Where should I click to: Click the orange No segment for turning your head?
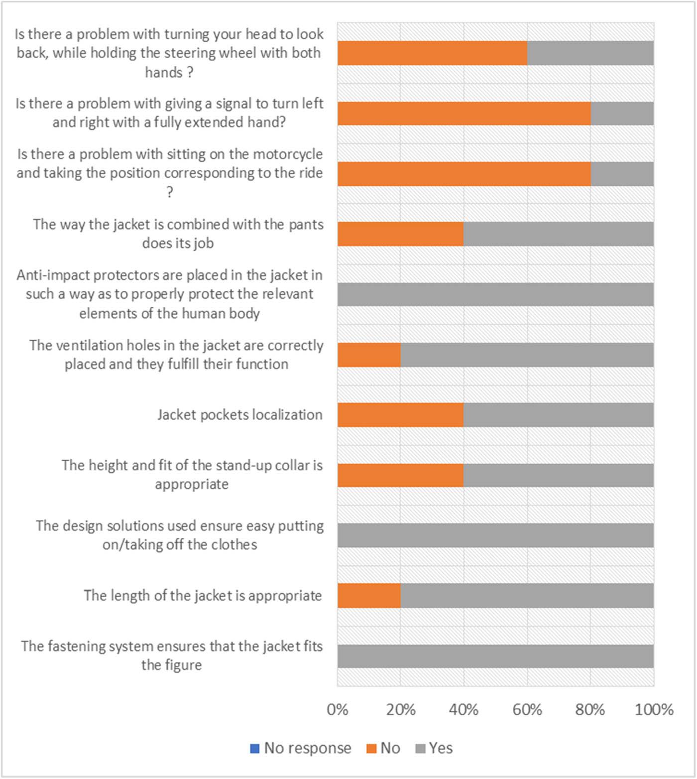coord(432,53)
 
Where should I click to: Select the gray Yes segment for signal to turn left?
coord(622,114)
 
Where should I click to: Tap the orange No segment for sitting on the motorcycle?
coord(464,174)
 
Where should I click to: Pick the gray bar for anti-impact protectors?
coord(495,294)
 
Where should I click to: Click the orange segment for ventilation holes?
coord(369,355)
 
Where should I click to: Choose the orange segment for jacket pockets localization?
coord(400,415)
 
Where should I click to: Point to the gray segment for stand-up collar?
coord(559,475)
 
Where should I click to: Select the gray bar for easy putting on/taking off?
coord(495,535)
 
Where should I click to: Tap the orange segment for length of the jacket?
coord(369,596)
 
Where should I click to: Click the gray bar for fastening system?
coord(495,656)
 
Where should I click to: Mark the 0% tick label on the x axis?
coord(338,709)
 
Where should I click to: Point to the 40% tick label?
coord(464,709)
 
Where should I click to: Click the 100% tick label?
coord(654,709)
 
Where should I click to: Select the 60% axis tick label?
coord(527,709)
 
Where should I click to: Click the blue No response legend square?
coord(255,749)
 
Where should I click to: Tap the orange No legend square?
coord(371,749)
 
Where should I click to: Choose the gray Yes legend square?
coord(420,749)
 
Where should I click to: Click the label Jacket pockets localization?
coord(240,415)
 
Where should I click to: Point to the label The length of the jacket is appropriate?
coord(203,596)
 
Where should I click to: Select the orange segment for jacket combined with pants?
coord(400,234)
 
